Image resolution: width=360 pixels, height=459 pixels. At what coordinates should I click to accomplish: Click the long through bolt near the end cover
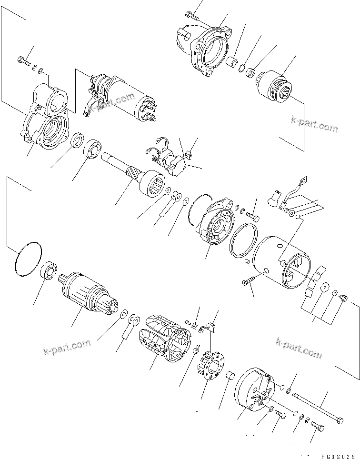pos(317,408)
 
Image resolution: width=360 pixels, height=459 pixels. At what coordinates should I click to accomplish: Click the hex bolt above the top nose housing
pos(191,16)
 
